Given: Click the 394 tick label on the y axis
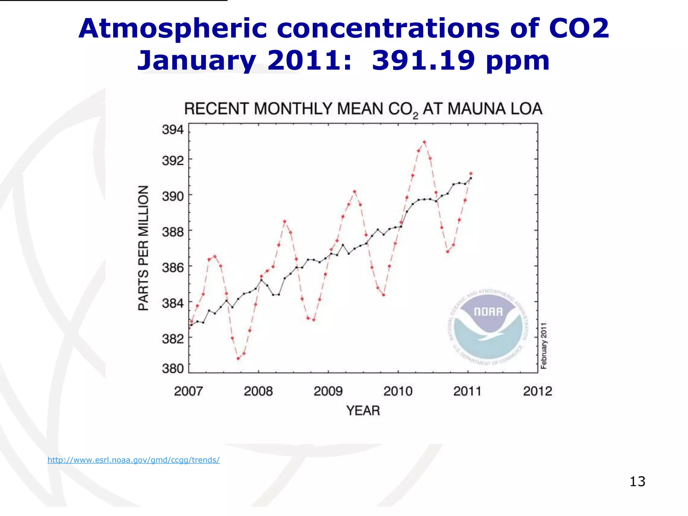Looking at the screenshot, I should [173, 129].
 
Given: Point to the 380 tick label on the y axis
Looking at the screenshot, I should [173, 369].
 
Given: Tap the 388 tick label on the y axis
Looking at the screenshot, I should [173, 232].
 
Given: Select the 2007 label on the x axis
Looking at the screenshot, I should [188, 391].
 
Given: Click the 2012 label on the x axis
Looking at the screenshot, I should [537, 391].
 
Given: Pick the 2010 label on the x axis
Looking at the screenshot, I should [398, 391].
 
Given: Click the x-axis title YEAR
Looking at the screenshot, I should [363, 411].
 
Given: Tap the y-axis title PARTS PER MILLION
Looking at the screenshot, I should [143, 248].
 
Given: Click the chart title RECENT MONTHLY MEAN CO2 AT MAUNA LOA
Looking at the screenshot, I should [363, 109].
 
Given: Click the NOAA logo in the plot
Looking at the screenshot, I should [488, 328].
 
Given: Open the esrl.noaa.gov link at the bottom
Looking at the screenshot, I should [133, 460].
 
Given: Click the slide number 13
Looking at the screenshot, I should [637, 481].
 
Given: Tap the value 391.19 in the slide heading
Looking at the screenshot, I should [423, 60].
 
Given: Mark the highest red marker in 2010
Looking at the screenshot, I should [424, 142].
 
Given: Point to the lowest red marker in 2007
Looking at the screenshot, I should [238, 358].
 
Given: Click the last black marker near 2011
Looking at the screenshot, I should [471, 178].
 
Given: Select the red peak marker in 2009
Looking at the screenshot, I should [354, 192].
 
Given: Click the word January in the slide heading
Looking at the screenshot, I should [197, 60].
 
